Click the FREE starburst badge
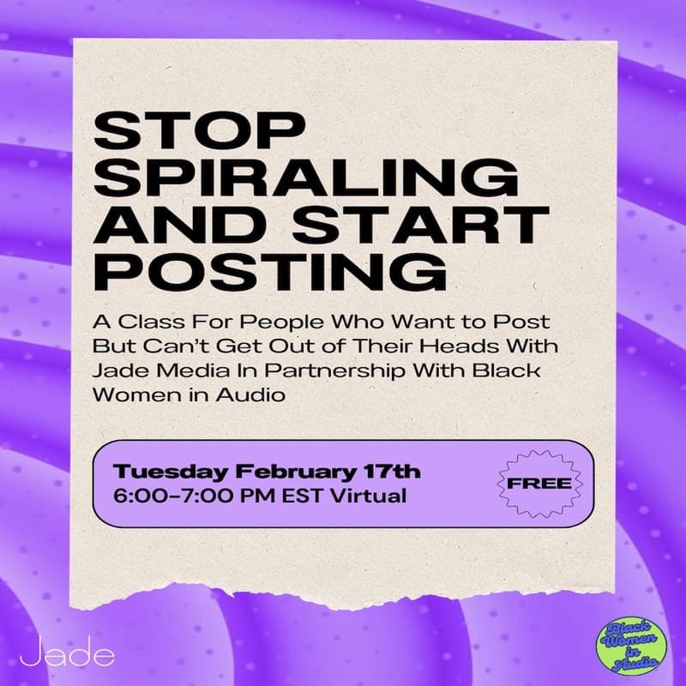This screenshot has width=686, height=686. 539,484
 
